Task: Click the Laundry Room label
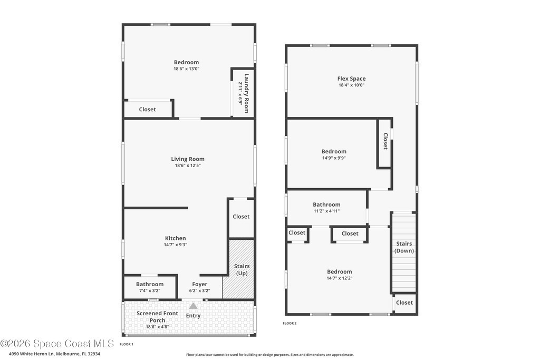(x=246, y=93)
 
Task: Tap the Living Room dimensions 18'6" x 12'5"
(x=188, y=166)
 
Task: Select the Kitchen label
(x=175, y=238)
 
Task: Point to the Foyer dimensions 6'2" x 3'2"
(x=200, y=290)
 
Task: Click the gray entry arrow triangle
(x=193, y=306)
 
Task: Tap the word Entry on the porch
(x=193, y=316)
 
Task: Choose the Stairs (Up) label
(x=242, y=269)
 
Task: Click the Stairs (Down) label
(x=404, y=247)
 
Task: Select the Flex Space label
(x=351, y=79)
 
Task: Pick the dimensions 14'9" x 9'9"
(x=334, y=158)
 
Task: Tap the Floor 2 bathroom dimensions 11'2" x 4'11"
(x=326, y=211)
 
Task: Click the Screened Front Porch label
(x=157, y=317)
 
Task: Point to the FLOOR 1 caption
(x=127, y=344)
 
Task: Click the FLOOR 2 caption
(x=290, y=323)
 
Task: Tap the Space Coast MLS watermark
(x=57, y=344)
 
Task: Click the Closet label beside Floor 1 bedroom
(x=148, y=110)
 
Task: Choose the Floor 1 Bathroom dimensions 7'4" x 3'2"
(x=150, y=290)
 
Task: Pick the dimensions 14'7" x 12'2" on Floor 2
(x=340, y=278)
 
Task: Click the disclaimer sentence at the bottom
(x=270, y=355)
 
